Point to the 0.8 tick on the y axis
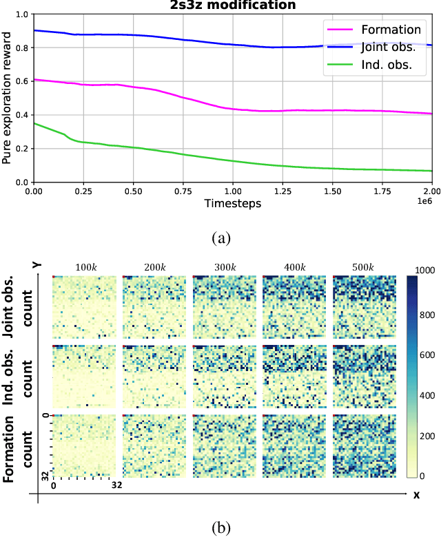pos(20,48)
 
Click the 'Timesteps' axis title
pos(232,204)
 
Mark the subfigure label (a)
pos(220,238)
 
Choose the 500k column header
pos(363,267)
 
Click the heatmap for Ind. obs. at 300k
pos(223,376)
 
